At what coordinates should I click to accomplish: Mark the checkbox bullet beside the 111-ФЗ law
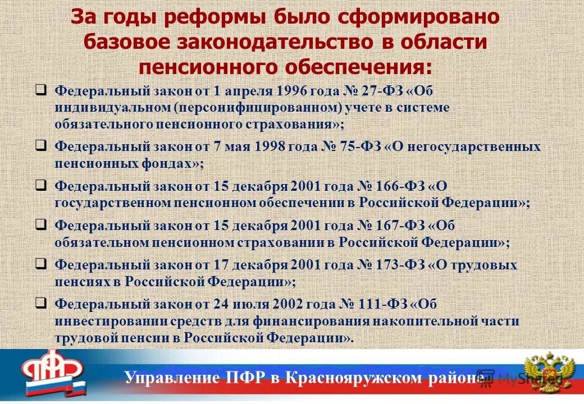40,304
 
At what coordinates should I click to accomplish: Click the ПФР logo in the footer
53,373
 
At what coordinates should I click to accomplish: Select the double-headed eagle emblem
550,373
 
